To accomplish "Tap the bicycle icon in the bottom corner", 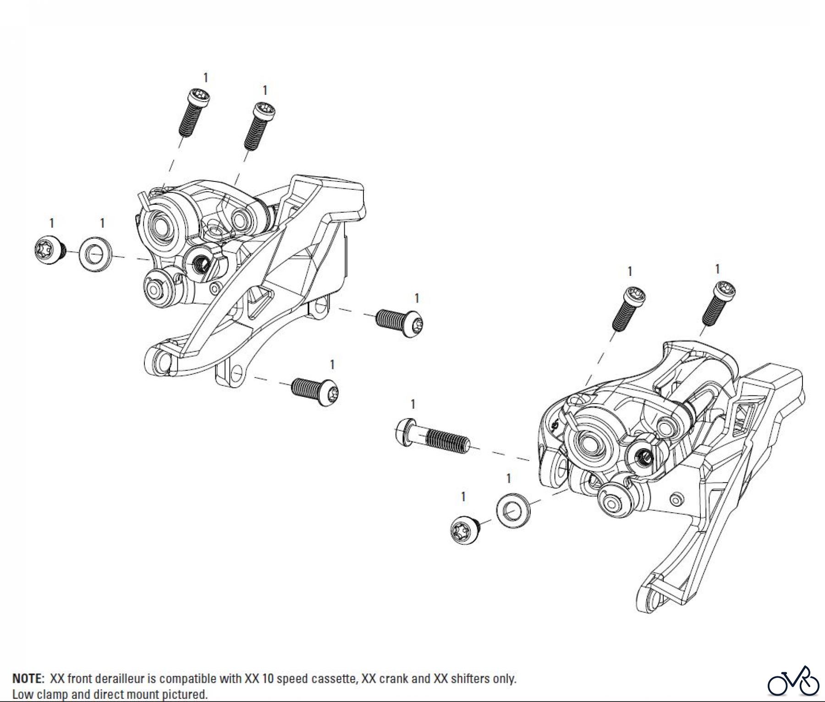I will pyautogui.click(x=793, y=683).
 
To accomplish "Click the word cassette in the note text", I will pyautogui.click(x=334, y=679).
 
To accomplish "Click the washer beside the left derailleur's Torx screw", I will pyautogui.click(x=95, y=254).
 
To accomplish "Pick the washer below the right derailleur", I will pyautogui.click(x=512, y=510).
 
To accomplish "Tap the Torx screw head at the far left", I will pyautogui.click(x=48, y=249).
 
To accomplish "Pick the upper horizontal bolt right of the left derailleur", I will pyautogui.click(x=398, y=321).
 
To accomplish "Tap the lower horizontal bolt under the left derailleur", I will pyautogui.click(x=315, y=389).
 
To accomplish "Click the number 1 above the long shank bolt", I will pyautogui.click(x=413, y=404).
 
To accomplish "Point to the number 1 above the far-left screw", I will pyautogui.click(x=52, y=223).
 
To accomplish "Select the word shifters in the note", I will pyautogui.click(x=473, y=679).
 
